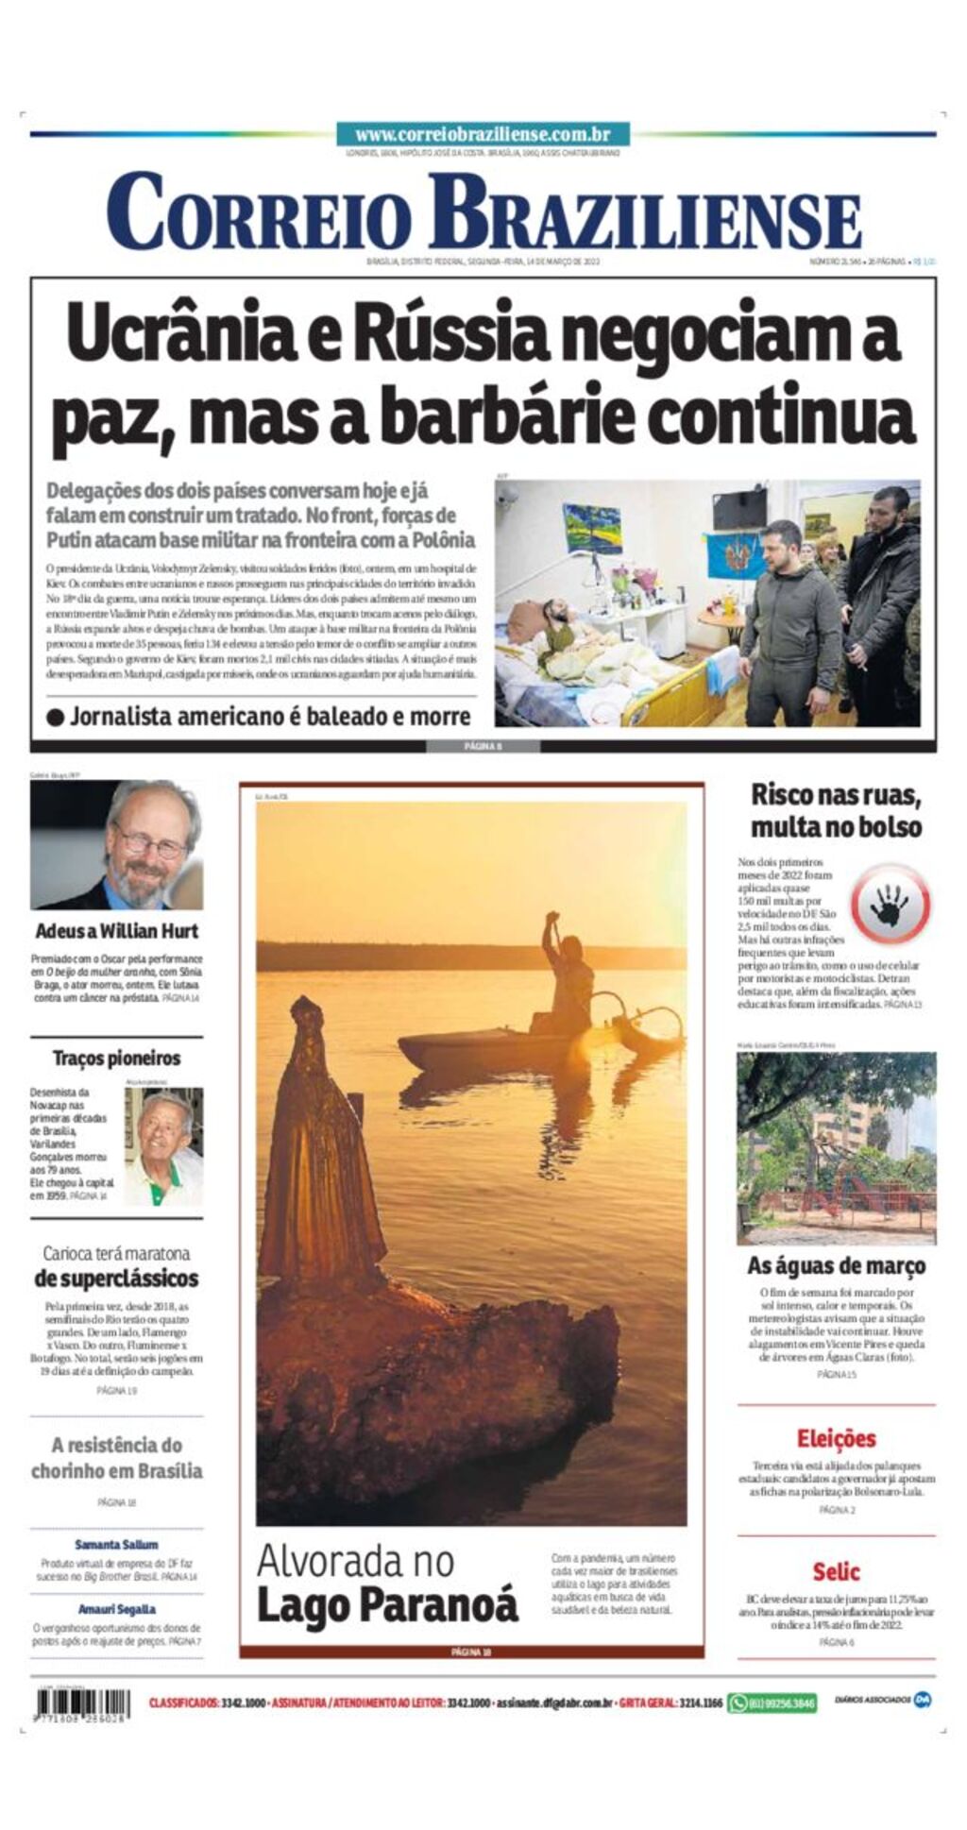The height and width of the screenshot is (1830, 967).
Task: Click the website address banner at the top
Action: (x=483, y=135)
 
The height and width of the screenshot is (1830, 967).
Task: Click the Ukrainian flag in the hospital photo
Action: (x=736, y=557)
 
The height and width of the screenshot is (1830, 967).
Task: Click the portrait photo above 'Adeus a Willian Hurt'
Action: (x=116, y=844)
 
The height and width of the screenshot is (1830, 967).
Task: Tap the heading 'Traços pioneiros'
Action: (x=116, y=1059)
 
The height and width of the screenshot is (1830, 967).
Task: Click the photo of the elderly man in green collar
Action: (x=163, y=1146)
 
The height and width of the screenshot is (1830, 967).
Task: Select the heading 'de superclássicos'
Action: (x=116, y=1279)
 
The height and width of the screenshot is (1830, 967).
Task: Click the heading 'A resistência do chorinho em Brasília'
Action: (x=116, y=1458)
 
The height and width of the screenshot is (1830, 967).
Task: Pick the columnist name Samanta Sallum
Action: (x=116, y=1545)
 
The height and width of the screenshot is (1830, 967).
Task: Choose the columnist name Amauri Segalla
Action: (x=116, y=1609)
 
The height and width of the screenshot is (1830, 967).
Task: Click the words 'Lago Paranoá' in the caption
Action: (x=387, y=1606)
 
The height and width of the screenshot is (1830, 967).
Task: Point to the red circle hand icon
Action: (x=890, y=905)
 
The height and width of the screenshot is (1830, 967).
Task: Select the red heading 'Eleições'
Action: (x=836, y=1439)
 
